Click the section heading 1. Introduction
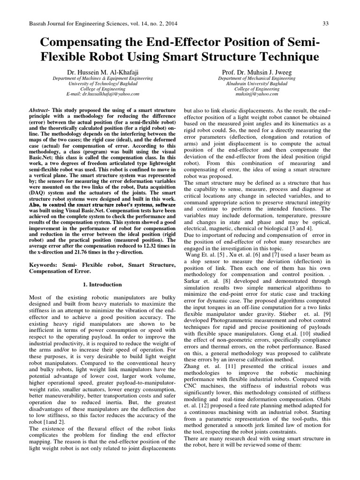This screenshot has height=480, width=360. (x=102, y=284)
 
